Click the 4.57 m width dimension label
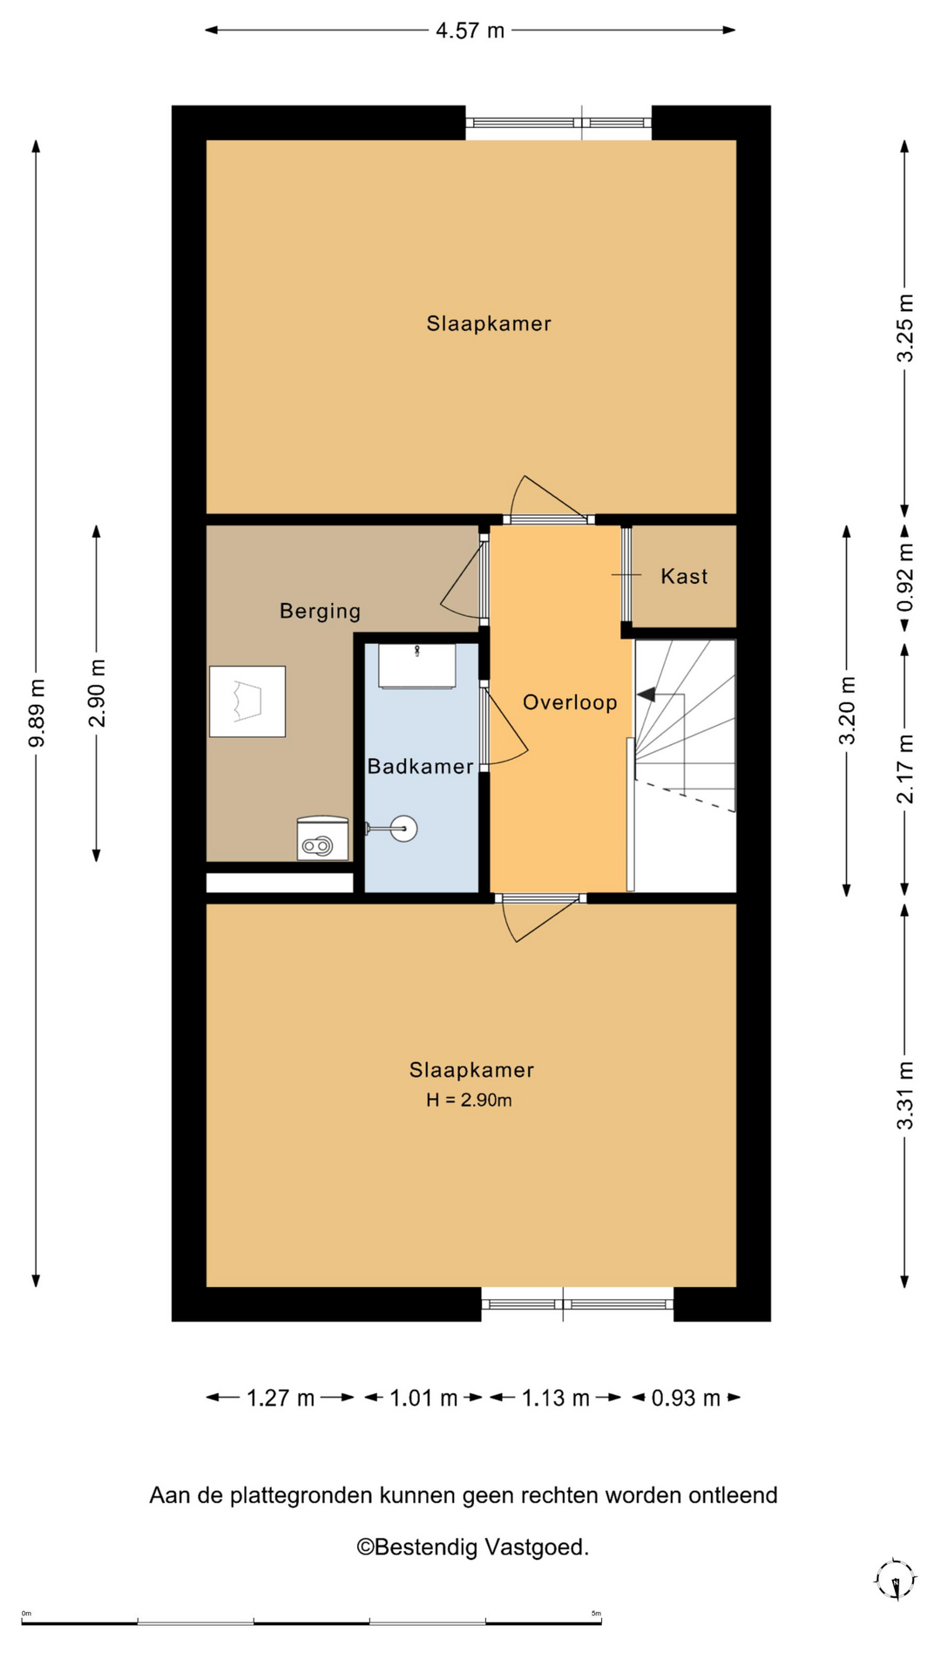[x=470, y=30]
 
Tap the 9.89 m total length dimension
[x=37, y=713]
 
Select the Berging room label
[x=320, y=611]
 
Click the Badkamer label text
[x=420, y=766]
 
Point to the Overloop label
[x=570, y=702]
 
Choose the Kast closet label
[x=684, y=576]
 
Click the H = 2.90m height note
[x=469, y=1100]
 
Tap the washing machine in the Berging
[x=322, y=838]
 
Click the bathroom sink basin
[x=416, y=666]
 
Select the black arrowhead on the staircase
[x=646, y=694]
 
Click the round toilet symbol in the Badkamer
[x=403, y=829]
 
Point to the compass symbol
[x=895, y=1579]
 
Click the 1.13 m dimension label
[x=556, y=1398]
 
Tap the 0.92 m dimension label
[x=905, y=577]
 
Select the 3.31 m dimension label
[x=905, y=1095]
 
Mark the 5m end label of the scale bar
[x=596, y=1613]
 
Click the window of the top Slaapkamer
[x=559, y=123]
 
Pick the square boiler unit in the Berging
[x=247, y=701]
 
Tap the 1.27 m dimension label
[x=281, y=1398]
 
